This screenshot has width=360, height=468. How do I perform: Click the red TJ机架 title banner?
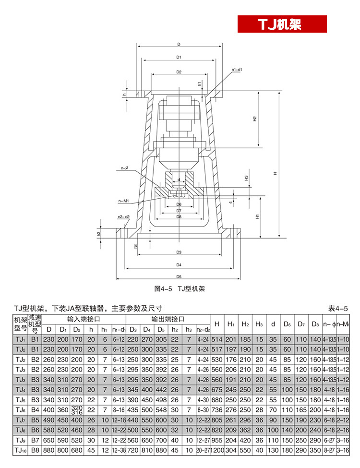pyautogui.click(x=282, y=24)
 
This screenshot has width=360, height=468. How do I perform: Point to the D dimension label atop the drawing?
pyautogui.click(x=178, y=44)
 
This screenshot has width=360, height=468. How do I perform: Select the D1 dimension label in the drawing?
pyautogui.click(x=178, y=57)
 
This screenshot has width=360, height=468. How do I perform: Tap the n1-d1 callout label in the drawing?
pyautogui.click(x=237, y=70)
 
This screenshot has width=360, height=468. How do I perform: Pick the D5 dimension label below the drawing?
pyautogui.click(x=179, y=276)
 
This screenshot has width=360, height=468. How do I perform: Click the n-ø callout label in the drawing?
pyautogui.click(x=125, y=168)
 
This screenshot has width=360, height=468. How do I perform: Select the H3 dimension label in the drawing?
pyautogui.click(x=246, y=178)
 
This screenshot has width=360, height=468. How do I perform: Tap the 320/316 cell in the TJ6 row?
pyautogui.click(x=76, y=410)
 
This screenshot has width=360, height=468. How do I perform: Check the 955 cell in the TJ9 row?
pyautogui.click(x=216, y=440)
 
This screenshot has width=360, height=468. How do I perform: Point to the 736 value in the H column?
pyautogui.click(x=216, y=410)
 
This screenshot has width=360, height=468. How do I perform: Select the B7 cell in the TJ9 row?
pyautogui.click(x=34, y=440)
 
